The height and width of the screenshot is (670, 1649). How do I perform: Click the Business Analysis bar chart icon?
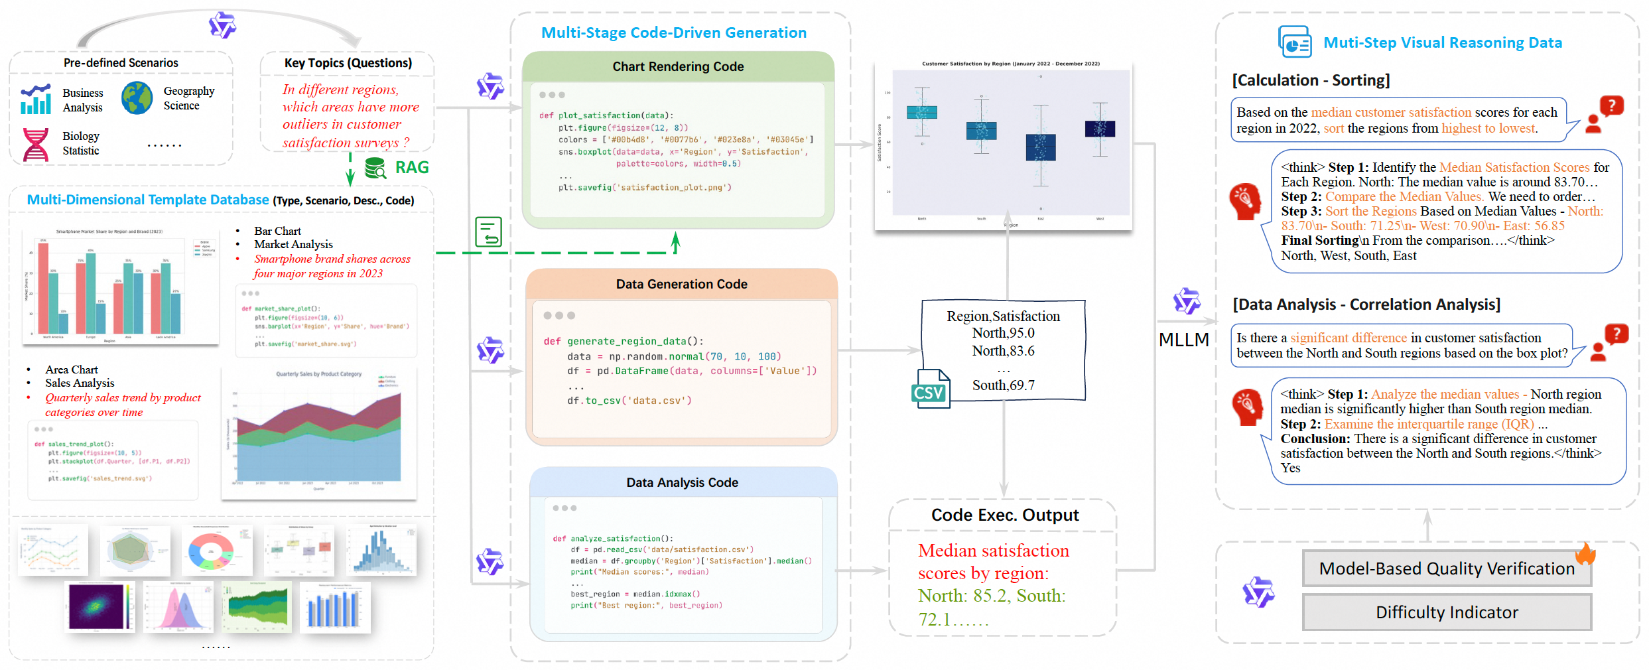pyautogui.click(x=36, y=100)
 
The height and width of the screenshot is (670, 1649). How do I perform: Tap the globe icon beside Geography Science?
pyautogui.click(x=137, y=98)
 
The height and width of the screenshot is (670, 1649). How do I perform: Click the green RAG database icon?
pyautogui.click(x=375, y=168)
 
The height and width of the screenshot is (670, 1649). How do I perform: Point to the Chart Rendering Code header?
pyautogui.click(x=677, y=66)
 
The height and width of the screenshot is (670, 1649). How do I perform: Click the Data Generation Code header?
pyautogui.click(x=681, y=284)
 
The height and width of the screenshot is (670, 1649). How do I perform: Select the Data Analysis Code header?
pyautogui.click(x=682, y=482)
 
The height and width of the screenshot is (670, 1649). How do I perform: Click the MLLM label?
pyautogui.click(x=1183, y=340)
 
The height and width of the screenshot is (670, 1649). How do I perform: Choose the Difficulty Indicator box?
pyautogui.click(x=1446, y=612)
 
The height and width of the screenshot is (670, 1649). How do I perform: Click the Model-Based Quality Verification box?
pyautogui.click(x=1446, y=569)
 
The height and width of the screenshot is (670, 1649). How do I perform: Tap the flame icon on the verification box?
pyautogui.click(x=1585, y=553)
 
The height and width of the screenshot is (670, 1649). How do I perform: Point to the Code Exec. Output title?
pyautogui.click(x=1004, y=515)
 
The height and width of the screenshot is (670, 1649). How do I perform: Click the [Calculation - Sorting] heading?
pyautogui.click(x=1311, y=80)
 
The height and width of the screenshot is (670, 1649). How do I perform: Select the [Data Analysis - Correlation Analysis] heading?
pyautogui.click(x=1366, y=304)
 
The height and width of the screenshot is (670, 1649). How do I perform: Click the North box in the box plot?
pyautogui.click(x=921, y=112)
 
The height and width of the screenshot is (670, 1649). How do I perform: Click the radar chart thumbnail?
pyautogui.click(x=135, y=551)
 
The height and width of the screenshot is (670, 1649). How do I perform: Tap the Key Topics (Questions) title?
pyautogui.click(x=348, y=63)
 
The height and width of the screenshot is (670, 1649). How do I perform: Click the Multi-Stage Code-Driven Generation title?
pyautogui.click(x=673, y=33)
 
